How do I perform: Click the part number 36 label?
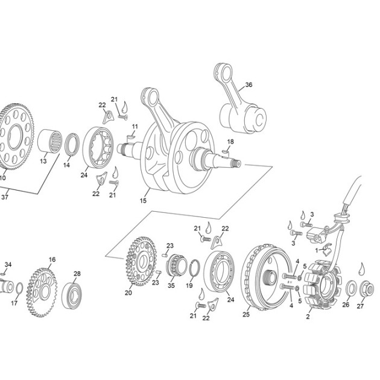pos(249,85)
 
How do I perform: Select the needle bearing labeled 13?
pos(49,141)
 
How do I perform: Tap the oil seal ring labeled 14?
pos(72,144)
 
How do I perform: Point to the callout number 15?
pos(143,201)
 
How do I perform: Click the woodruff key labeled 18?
pos(225,152)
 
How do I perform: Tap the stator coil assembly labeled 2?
pos(321,286)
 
